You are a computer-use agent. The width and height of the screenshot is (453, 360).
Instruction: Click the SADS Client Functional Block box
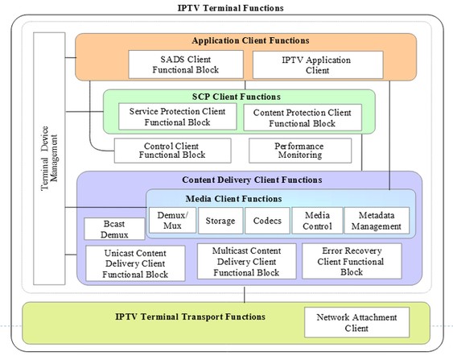coord(186,64)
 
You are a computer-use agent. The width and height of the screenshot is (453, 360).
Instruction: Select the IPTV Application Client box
coord(318,64)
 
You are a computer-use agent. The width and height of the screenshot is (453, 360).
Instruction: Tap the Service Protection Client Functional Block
coord(177,117)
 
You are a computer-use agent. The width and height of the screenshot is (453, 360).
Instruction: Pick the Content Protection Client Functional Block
coord(303,118)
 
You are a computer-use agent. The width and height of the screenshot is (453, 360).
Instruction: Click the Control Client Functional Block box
coord(172,151)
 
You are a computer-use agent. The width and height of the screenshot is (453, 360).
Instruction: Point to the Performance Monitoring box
coord(300,151)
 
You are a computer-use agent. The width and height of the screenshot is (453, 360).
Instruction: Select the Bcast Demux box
coord(114,229)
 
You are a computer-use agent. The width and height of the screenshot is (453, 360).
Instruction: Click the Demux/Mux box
coord(172,220)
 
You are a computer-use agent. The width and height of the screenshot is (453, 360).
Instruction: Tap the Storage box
coord(220,221)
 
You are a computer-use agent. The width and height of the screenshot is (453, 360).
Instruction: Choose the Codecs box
coord(267,221)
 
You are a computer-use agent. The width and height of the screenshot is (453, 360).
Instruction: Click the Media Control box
coord(317,221)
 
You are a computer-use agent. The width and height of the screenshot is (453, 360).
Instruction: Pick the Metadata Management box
coord(377,221)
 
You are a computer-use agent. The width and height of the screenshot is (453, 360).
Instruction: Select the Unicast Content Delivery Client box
coord(135,263)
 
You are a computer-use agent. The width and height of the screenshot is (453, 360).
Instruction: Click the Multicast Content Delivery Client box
coord(247,261)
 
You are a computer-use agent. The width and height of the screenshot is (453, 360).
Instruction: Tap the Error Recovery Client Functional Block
coord(352,261)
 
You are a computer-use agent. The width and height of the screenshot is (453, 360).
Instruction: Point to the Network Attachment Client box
coord(356,322)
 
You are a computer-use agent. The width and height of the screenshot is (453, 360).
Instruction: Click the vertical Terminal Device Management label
coord(49,158)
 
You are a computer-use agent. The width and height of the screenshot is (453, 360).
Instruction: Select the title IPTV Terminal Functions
coord(231,8)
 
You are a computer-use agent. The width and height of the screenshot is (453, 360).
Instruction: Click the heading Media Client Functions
coord(233,199)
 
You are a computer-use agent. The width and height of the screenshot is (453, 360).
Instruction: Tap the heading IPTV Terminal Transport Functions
coord(190,317)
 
